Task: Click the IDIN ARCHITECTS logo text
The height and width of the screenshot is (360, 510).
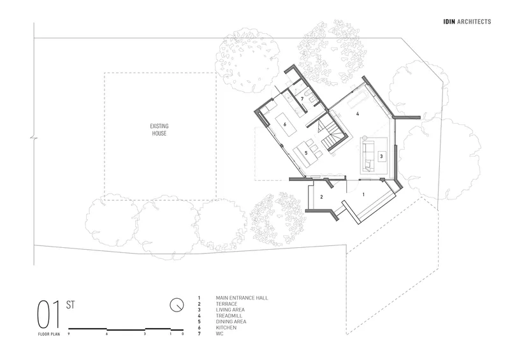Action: (x=467, y=22)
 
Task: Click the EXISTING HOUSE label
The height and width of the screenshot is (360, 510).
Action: (x=159, y=129)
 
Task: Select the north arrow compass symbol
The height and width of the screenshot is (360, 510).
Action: (x=177, y=305)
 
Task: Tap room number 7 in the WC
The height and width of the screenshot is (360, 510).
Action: (x=302, y=99)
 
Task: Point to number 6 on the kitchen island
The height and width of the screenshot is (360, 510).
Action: (x=284, y=124)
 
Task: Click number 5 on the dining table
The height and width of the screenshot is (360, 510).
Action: (x=306, y=152)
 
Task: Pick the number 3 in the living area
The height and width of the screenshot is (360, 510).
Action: (x=381, y=156)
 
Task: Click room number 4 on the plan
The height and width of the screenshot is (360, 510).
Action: (x=358, y=113)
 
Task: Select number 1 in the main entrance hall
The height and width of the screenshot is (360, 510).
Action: (x=363, y=194)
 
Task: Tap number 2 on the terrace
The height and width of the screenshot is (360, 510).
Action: (x=322, y=197)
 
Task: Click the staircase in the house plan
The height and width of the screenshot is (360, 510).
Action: (x=330, y=133)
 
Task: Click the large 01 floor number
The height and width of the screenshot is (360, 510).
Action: (x=49, y=315)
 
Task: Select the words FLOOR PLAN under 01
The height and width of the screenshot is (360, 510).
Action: (x=49, y=334)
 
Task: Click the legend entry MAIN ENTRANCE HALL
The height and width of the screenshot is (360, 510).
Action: (x=242, y=298)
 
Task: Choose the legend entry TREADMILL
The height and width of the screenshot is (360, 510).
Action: (x=229, y=315)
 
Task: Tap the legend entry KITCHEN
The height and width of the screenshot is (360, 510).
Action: (x=226, y=328)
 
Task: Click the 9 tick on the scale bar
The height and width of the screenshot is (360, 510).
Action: (x=69, y=334)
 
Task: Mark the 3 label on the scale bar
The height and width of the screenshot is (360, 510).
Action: (x=145, y=334)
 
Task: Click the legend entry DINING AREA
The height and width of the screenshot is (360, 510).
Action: (x=231, y=322)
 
